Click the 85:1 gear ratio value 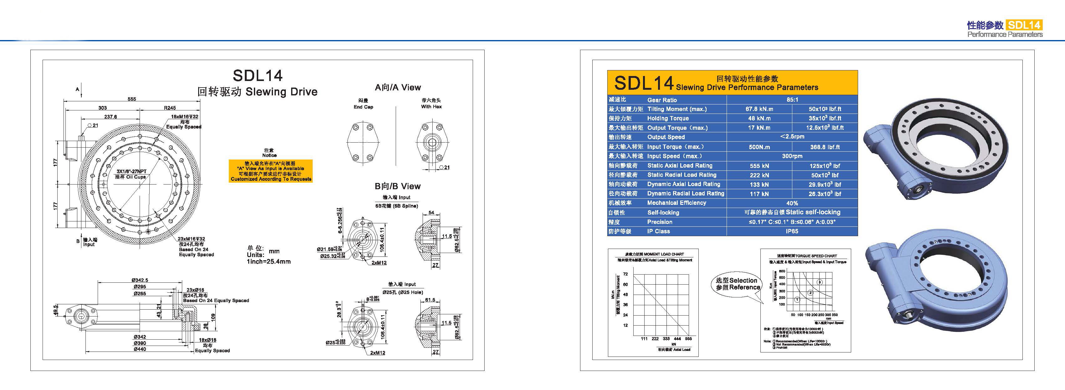click(x=792, y=99)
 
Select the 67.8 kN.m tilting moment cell click(x=759, y=109)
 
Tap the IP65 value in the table click(x=792, y=231)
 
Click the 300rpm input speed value click(x=792, y=156)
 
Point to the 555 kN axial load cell click(x=759, y=166)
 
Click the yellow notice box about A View click(x=271, y=171)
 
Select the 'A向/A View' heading click(x=397, y=88)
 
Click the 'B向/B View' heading click(x=397, y=186)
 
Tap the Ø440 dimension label click(x=139, y=349)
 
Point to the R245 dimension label click(x=169, y=108)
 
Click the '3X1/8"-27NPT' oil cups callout click(x=131, y=171)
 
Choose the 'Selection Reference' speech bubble click(x=738, y=284)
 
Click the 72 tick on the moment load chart click(x=625, y=274)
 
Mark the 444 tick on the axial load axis click(x=677, y=339)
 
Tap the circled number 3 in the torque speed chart click(x=820, y=282)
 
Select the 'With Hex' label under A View click(x=431, y=107)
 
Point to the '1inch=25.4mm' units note click(x=268, y=261)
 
